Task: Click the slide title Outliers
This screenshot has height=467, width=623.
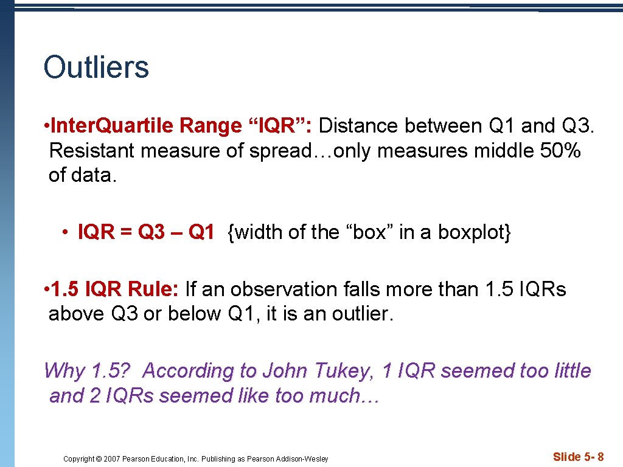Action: (96, 67)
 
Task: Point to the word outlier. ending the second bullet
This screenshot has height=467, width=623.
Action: (363, 314)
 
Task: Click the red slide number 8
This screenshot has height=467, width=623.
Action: (600, 457)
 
